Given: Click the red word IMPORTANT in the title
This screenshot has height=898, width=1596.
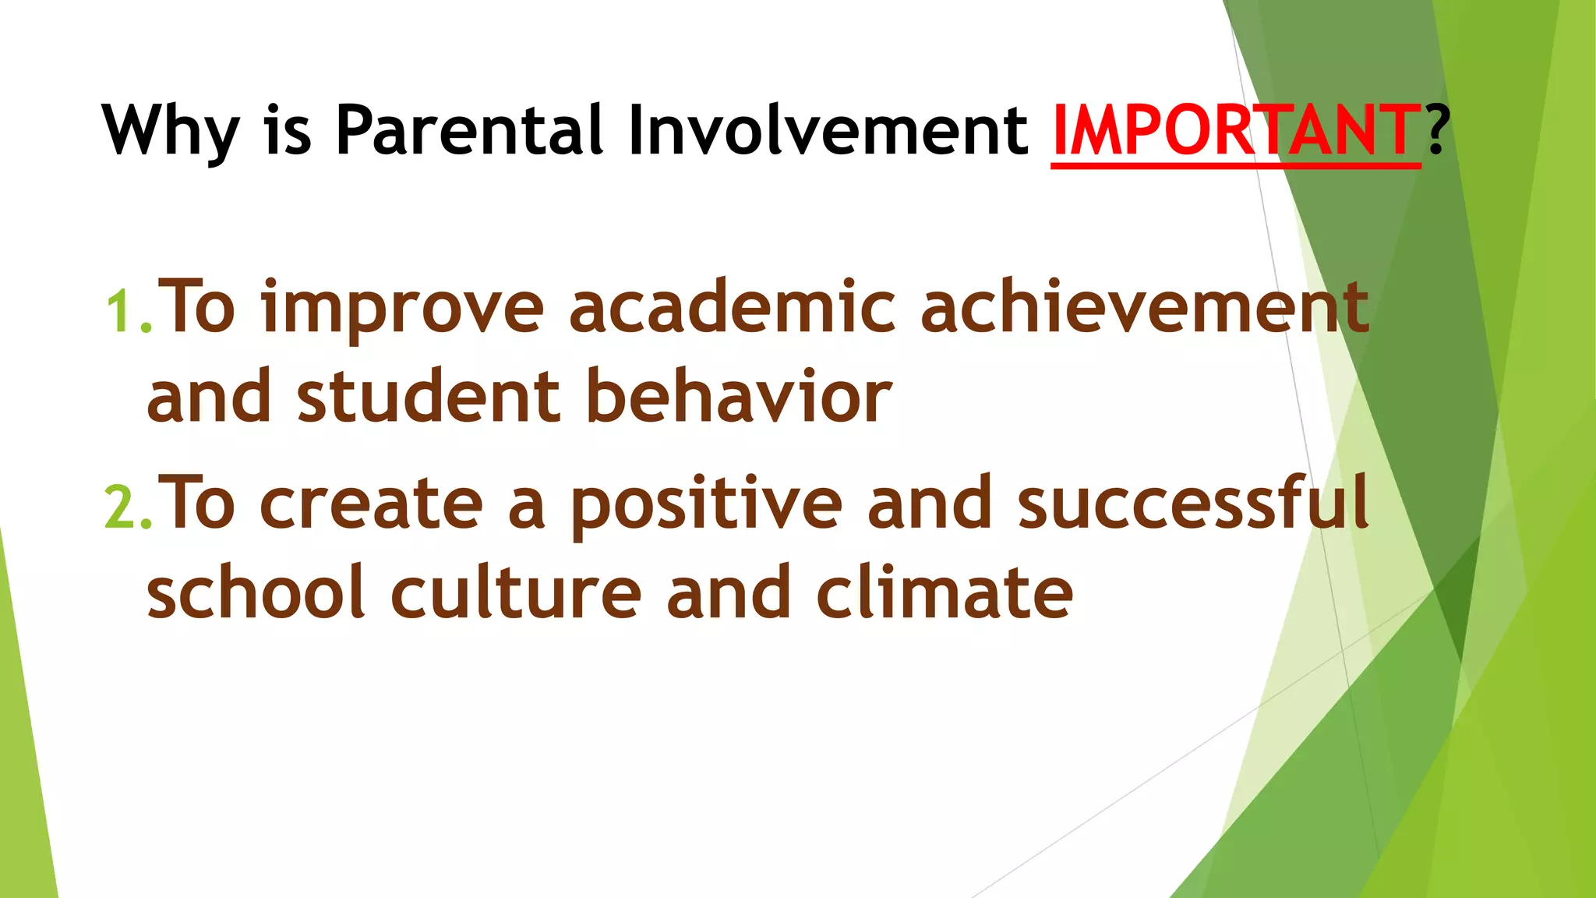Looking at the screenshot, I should click(x=1235, y=131).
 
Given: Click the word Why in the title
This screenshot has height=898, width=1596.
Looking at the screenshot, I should click(x=169, y=131).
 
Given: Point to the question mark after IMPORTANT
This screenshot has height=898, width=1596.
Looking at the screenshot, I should click(x=1437, y=129).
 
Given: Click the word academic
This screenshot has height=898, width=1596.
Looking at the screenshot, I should click(x=732, y=309).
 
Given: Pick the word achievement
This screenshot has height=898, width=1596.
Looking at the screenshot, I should click(x=1144, y=307).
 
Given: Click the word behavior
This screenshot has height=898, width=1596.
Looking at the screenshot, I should click(x=739, y=397).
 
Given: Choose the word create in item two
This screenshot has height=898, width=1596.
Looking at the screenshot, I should click(x=371, y=505).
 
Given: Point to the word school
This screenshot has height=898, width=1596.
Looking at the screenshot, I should click(x=256, y=592).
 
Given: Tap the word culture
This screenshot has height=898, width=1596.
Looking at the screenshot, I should click(x=515, y=592).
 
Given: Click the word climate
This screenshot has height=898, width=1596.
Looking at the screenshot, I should click(x=945, y=592).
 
